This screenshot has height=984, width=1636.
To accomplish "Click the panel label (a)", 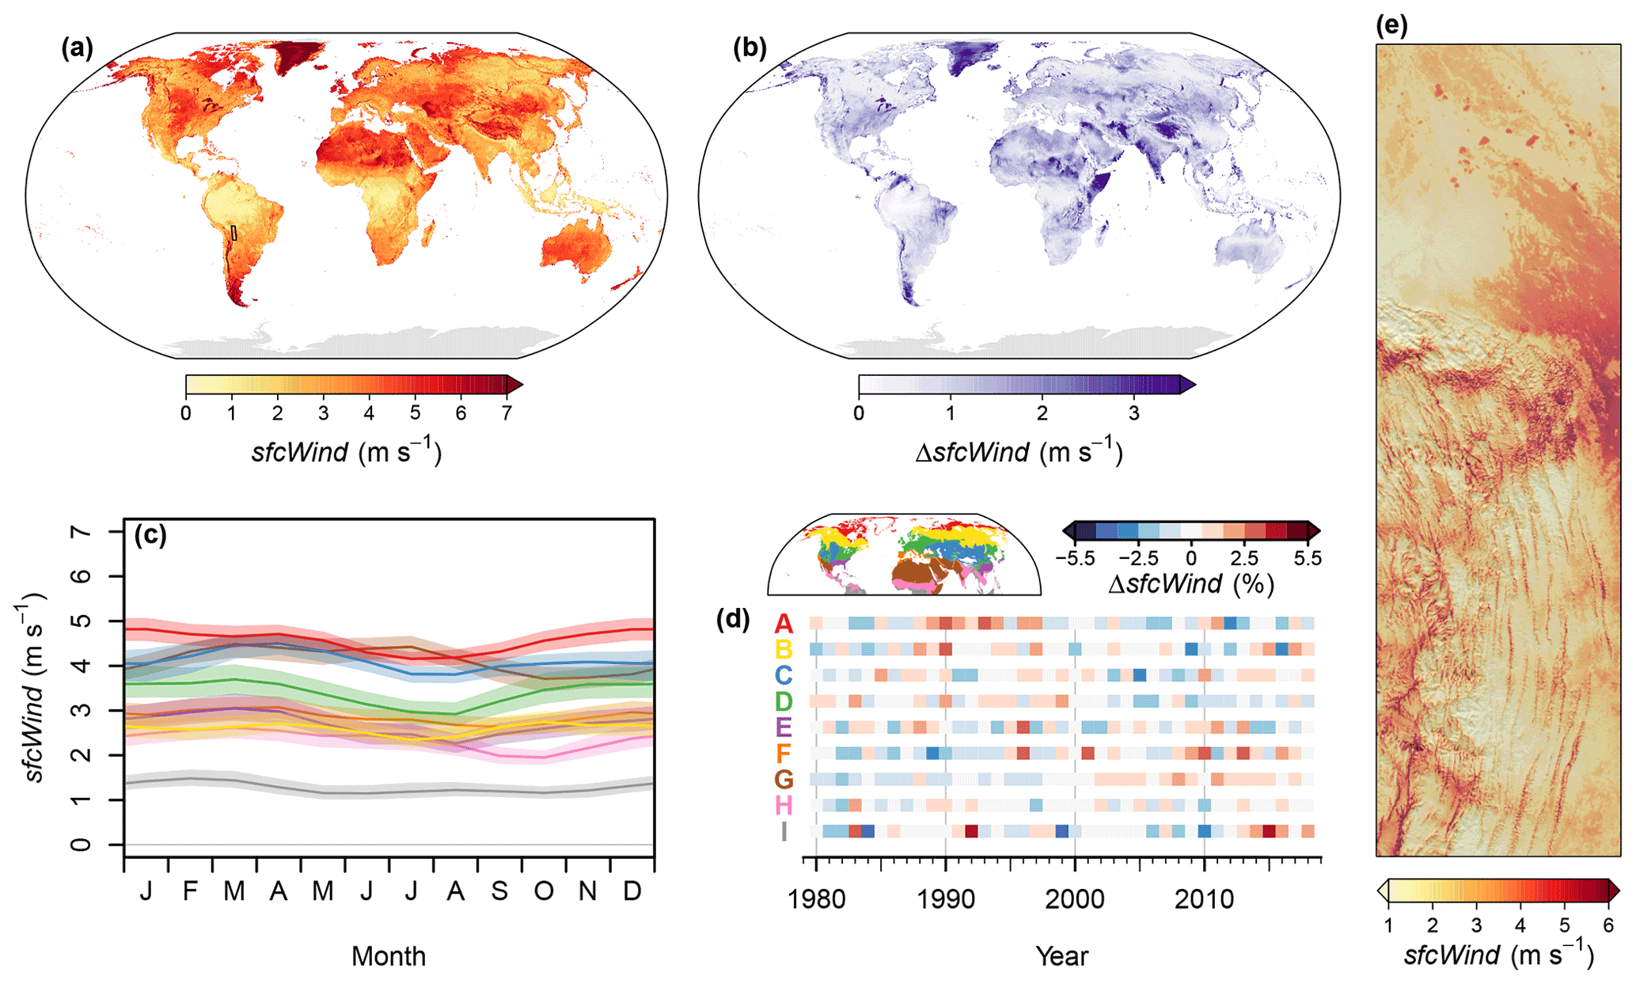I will [x=77, y=49].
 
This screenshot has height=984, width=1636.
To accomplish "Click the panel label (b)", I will [x=750, y=49].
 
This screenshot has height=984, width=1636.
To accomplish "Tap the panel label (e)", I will [x=1391, y=25].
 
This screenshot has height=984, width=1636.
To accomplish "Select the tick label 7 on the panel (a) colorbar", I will [x=507, y=413].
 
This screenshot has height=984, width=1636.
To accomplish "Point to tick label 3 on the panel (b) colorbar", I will [x=1133, y=413].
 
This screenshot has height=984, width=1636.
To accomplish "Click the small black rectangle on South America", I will [x=233, y=233].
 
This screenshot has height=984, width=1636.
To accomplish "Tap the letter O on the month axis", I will [x=544, y=891].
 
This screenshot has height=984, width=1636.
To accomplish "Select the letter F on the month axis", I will [x=190, y=891].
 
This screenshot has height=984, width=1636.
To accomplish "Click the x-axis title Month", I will [x=389, y=956].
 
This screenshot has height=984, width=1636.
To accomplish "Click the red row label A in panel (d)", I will [x=784, y=624].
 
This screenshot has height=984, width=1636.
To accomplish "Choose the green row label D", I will [x=784, y=701].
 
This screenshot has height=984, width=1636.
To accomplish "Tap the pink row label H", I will [x=784, y=806].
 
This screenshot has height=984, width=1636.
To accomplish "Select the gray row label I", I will [x=784, y=832].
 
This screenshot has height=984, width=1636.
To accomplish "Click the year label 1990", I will [x=945, y=899].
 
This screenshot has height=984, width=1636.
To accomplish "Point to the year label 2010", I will [x=1204, y=899].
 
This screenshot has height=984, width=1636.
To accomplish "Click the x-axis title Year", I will [x=1061, y=956].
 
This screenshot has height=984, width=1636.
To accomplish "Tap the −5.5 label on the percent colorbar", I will [x=1075, y=559].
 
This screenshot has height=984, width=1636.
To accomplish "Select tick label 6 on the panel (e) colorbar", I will [x=1608, y=925].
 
